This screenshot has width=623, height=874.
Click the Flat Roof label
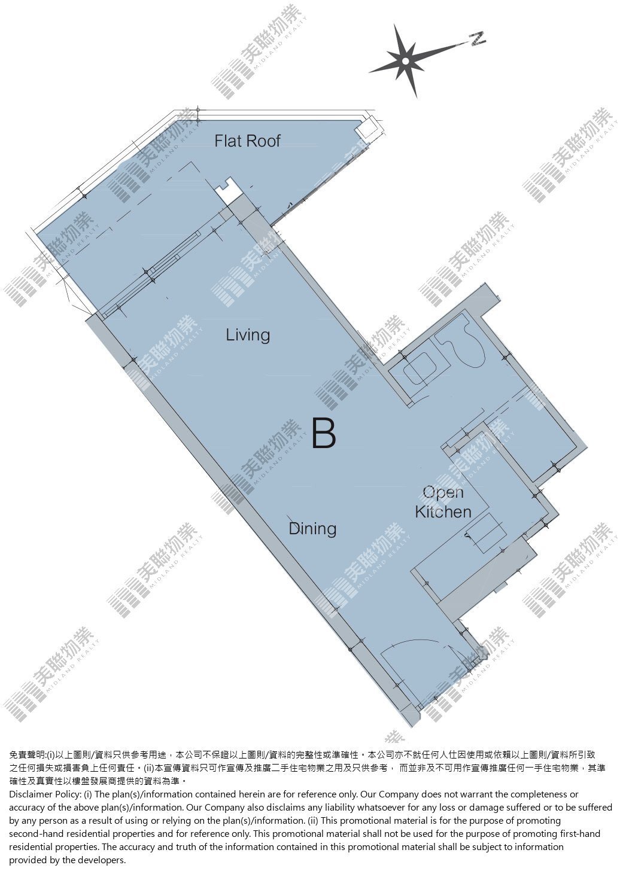pos(248,141)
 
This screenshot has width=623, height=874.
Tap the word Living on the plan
pos(248,335)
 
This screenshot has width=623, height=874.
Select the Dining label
pos(312,529)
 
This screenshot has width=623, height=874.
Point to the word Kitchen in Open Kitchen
pos(443,512)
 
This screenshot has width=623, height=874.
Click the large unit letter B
pos(324,433)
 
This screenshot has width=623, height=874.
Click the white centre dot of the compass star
pos(406,61)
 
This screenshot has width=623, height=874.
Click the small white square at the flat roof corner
pos(368,128)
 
